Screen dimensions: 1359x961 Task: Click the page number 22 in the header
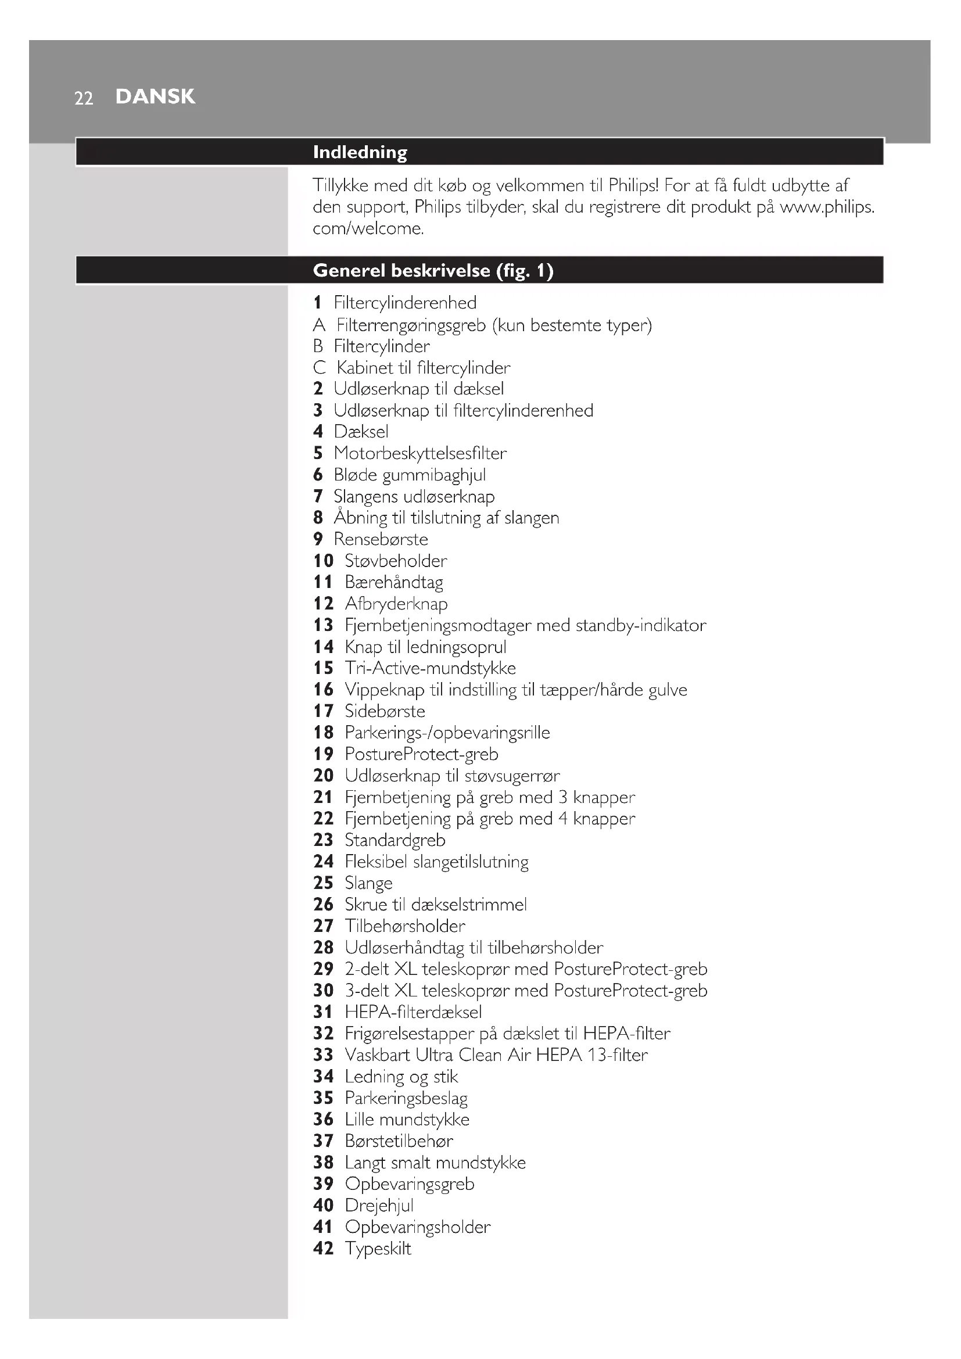[x=84, y=98]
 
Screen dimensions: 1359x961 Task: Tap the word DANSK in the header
[x=155, y=96]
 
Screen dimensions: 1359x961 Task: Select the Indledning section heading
[x=360, y=152]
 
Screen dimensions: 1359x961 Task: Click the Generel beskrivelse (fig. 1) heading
[x=433, y=271]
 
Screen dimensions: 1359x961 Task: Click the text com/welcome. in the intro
[x=368, y=228]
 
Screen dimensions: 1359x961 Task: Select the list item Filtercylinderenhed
[x=405, y=303]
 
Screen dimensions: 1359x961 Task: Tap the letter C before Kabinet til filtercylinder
[x=320, y=368]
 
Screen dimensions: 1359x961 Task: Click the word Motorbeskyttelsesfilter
[x=419, y=453]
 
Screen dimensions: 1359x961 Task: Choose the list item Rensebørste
[x=381, y=539]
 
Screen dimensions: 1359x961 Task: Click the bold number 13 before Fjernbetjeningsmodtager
[x=323, y=625]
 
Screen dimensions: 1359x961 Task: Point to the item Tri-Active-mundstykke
[x=430, y=668]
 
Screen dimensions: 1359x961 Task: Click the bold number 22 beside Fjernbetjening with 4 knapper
[x=323, y=819]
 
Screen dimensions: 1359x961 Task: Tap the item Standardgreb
[x=395, y=840]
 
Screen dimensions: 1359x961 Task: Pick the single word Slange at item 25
[x=368, y=883]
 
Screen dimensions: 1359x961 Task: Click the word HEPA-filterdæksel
[x=413, y=1012]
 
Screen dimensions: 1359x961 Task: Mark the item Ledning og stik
[x=401, y=1076]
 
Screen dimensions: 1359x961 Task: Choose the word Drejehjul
[x=379, y=1205]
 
